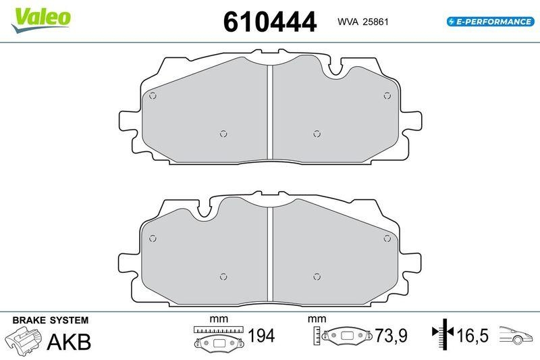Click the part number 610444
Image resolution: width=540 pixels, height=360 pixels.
[269, 22]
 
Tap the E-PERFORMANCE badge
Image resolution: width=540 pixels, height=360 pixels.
[490, 22]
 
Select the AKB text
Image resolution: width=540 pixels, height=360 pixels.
[68, 342]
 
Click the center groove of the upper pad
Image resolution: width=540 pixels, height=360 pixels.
[269, 112]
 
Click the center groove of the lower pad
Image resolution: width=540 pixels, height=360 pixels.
[269, 255]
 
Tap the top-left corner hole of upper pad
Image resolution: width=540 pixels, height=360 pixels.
[153, 95]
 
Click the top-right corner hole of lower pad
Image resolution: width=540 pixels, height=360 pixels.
[387, 237]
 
